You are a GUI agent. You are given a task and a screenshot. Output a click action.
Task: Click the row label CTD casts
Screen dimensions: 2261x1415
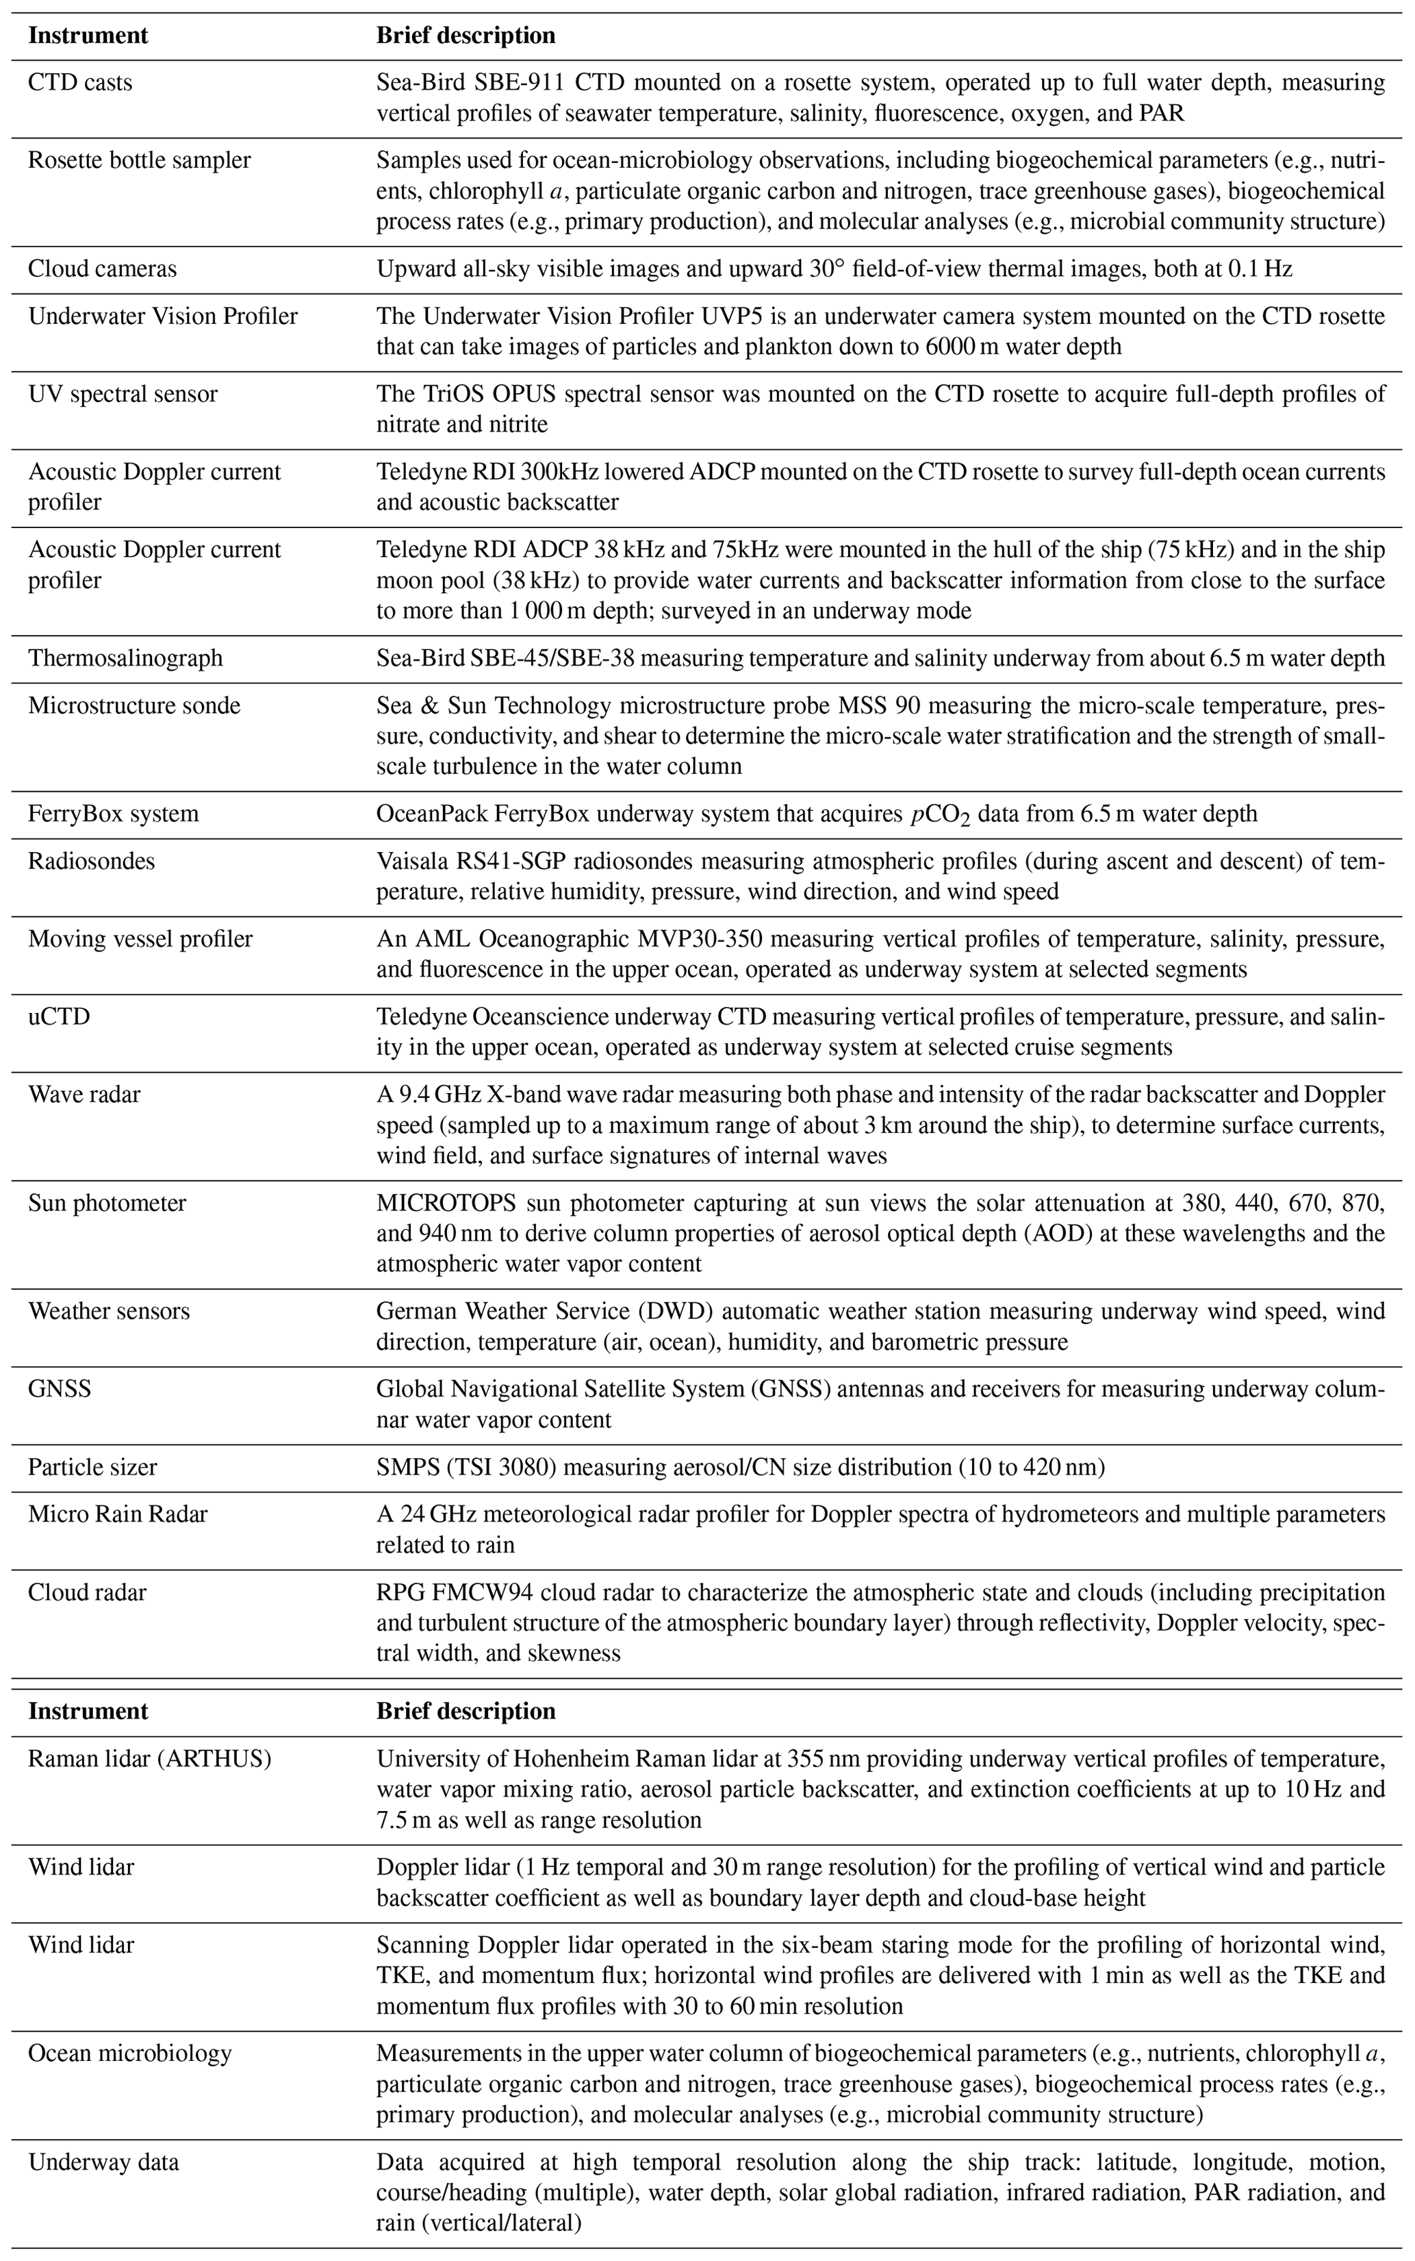(x=81, y=82)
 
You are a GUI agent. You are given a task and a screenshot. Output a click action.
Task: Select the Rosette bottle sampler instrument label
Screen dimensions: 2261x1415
(x=140, y=160)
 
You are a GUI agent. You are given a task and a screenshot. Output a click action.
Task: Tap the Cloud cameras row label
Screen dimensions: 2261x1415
(x=102, y=268)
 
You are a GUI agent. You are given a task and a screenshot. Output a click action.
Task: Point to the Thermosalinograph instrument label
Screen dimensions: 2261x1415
(x=125, y=658)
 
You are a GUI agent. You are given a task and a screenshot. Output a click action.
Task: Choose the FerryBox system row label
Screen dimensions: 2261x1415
(x=113, y=814)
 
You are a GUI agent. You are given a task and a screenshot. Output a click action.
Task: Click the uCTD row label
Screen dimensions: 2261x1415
(x=59, y=1016)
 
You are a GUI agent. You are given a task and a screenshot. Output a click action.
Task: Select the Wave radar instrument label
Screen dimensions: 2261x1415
(x=84, y=1094)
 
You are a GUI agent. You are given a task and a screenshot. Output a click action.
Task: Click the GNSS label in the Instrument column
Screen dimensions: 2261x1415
(x=60, y=1388)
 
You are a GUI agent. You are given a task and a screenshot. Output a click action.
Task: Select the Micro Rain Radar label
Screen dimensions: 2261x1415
(x=118, y=1513)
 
